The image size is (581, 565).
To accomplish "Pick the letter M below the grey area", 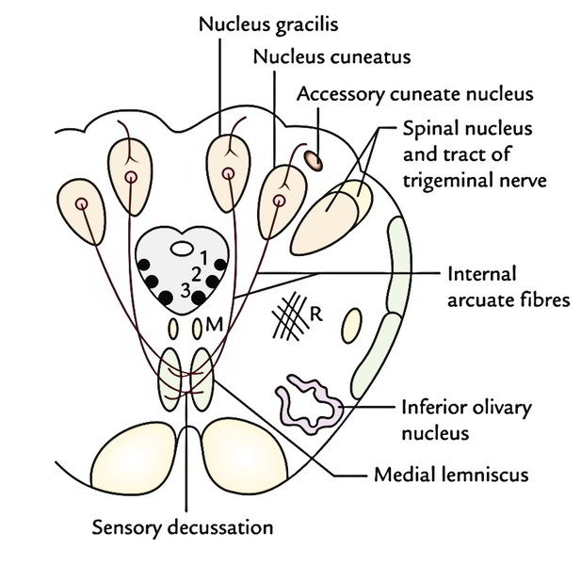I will pos(214,328).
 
